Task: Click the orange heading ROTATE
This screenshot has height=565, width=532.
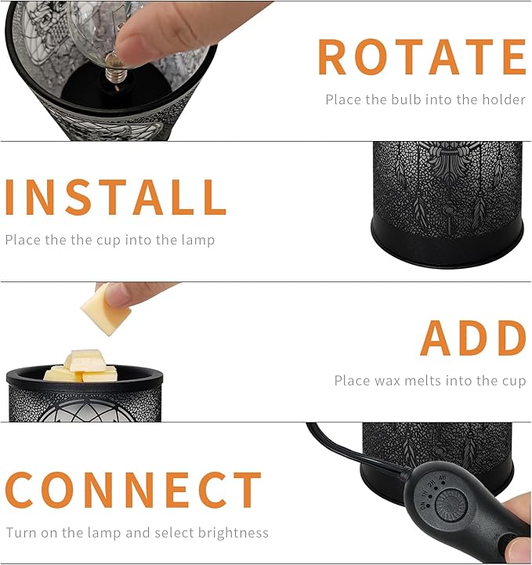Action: coord(421,56)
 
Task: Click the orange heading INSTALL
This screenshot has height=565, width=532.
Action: coord(115,197)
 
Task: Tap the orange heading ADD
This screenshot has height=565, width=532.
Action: coord(473,339)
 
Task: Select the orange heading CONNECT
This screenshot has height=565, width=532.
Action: coord(133,489)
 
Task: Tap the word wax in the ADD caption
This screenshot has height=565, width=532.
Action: coord(391,381)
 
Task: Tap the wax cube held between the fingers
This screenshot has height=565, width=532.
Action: coord(104,310)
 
